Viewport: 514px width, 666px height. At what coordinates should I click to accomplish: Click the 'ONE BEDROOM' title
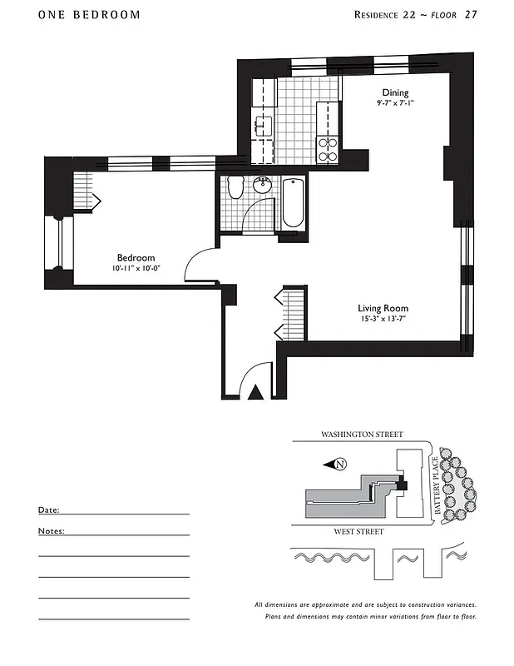[89, 15]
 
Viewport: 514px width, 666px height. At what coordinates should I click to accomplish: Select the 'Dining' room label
[395, 92]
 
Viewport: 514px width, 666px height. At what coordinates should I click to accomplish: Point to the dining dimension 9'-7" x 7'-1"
[395, 104]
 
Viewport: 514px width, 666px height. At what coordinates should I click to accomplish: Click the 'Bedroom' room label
[136, 258]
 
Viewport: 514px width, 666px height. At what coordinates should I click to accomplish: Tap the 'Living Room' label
[383, 308]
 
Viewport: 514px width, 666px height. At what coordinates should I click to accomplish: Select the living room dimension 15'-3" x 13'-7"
[383, 319]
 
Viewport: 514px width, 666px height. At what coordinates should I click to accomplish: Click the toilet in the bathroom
[235, 188]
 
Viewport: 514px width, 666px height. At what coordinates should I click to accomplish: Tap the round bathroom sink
[264, 186]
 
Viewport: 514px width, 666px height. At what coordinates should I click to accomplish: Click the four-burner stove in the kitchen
[328, 148]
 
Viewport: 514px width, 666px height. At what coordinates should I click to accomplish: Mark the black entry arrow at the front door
[257, 392]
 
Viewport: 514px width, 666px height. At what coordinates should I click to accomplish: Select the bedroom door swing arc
[198, 264]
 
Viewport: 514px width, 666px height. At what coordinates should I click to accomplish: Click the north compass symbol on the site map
[339, 464]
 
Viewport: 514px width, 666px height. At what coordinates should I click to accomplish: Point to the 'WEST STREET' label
[359, 531]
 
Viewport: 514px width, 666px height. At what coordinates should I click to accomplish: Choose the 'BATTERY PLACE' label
[435, 490]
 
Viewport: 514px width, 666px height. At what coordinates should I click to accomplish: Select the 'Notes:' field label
[51, 530]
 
